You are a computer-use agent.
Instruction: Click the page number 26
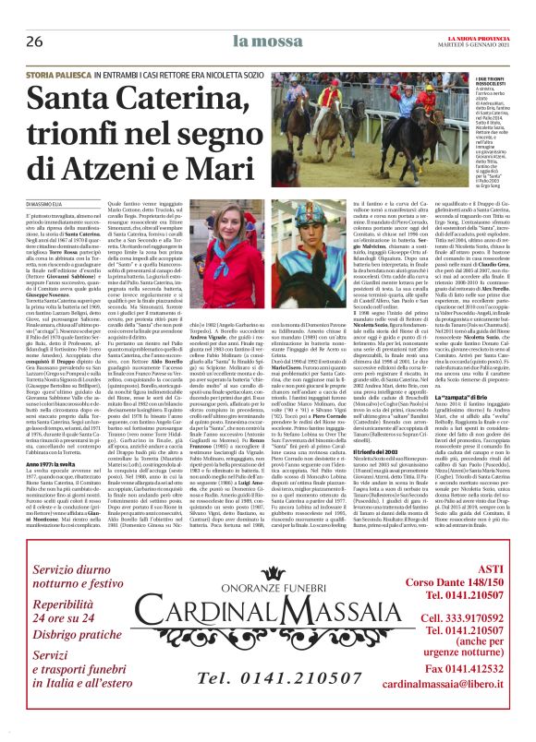(34, 42)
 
